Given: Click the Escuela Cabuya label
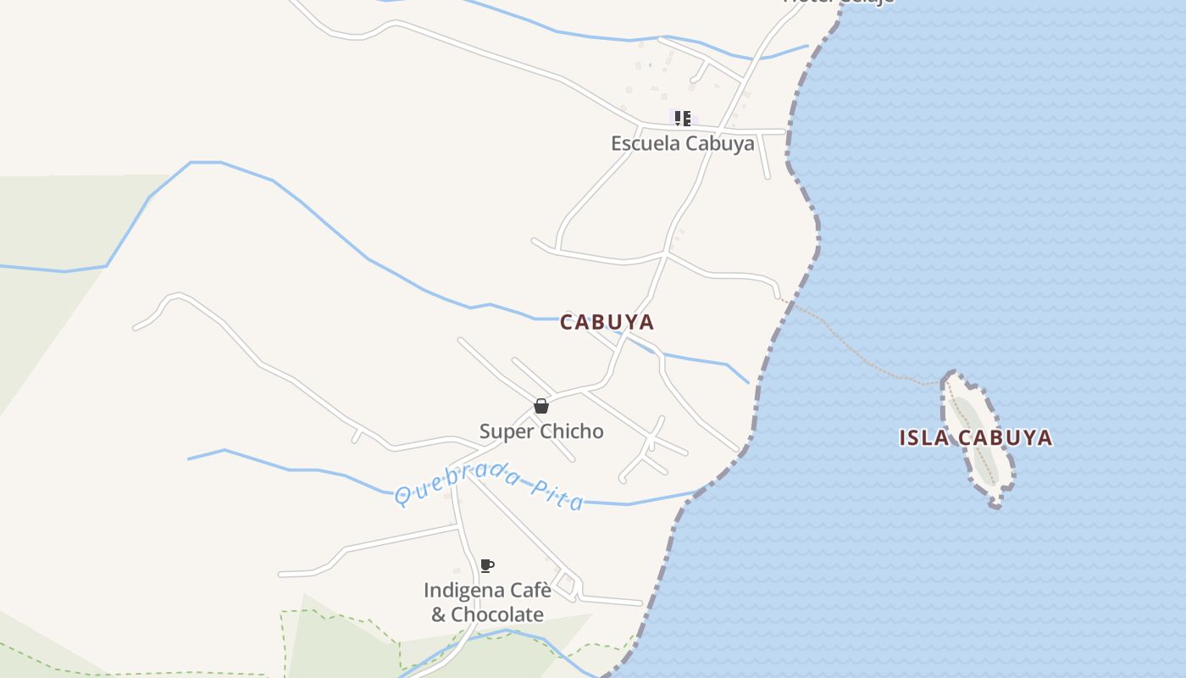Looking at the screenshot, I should coord(682,143).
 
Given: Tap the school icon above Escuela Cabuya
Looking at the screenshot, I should coord(682,118).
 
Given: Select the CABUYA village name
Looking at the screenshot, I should coord(607,322).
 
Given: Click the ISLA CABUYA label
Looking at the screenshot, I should coord(975,438).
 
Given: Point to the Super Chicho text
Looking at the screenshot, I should coord(541,431).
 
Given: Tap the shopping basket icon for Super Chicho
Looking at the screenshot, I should coord(541,407).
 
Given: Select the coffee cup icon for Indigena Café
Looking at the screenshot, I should coord(486,565).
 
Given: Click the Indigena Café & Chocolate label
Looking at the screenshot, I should coord(487,602).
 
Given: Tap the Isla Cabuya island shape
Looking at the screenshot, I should coord(974,415).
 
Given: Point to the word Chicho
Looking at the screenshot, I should coord(573,431).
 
